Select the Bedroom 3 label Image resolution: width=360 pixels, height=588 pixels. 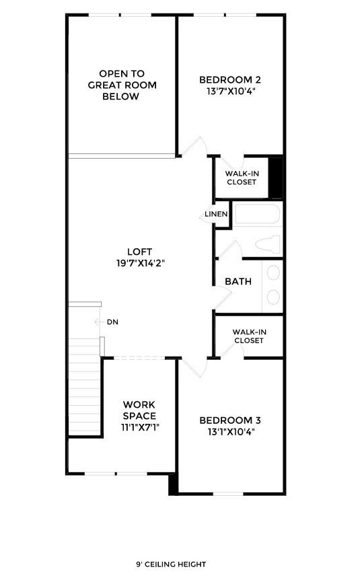pyautogui.click(x=229, y=420)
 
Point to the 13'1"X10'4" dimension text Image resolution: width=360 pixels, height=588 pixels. pyautogui.click(x=229, y=432)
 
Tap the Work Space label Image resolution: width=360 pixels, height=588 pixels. pyautogui.click(x=139, y=410)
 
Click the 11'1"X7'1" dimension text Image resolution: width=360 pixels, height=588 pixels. pyautogui.click(x=139, y=427)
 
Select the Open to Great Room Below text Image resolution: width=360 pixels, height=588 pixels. pyautogui.click(x=121, y=85)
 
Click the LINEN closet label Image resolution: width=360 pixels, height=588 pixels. pyautogui.click(x=217, y=215)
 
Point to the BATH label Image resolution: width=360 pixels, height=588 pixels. pyautogui.click(x=238, y=281)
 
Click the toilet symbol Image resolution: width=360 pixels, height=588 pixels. pyautogui.click(x=269, y=244)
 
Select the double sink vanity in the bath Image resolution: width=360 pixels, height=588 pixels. pyautogui.click(x=273, y=286)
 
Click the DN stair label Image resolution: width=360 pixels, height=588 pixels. pyautogui.click(x=112, y=322)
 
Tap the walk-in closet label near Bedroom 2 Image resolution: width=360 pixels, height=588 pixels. pyautogui.click(x=242, y=178)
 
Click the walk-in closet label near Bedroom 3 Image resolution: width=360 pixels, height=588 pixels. pyautogui.click(x=248, y=336)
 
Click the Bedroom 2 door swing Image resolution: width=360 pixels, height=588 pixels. pyautogui.click(x=195, y=146)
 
